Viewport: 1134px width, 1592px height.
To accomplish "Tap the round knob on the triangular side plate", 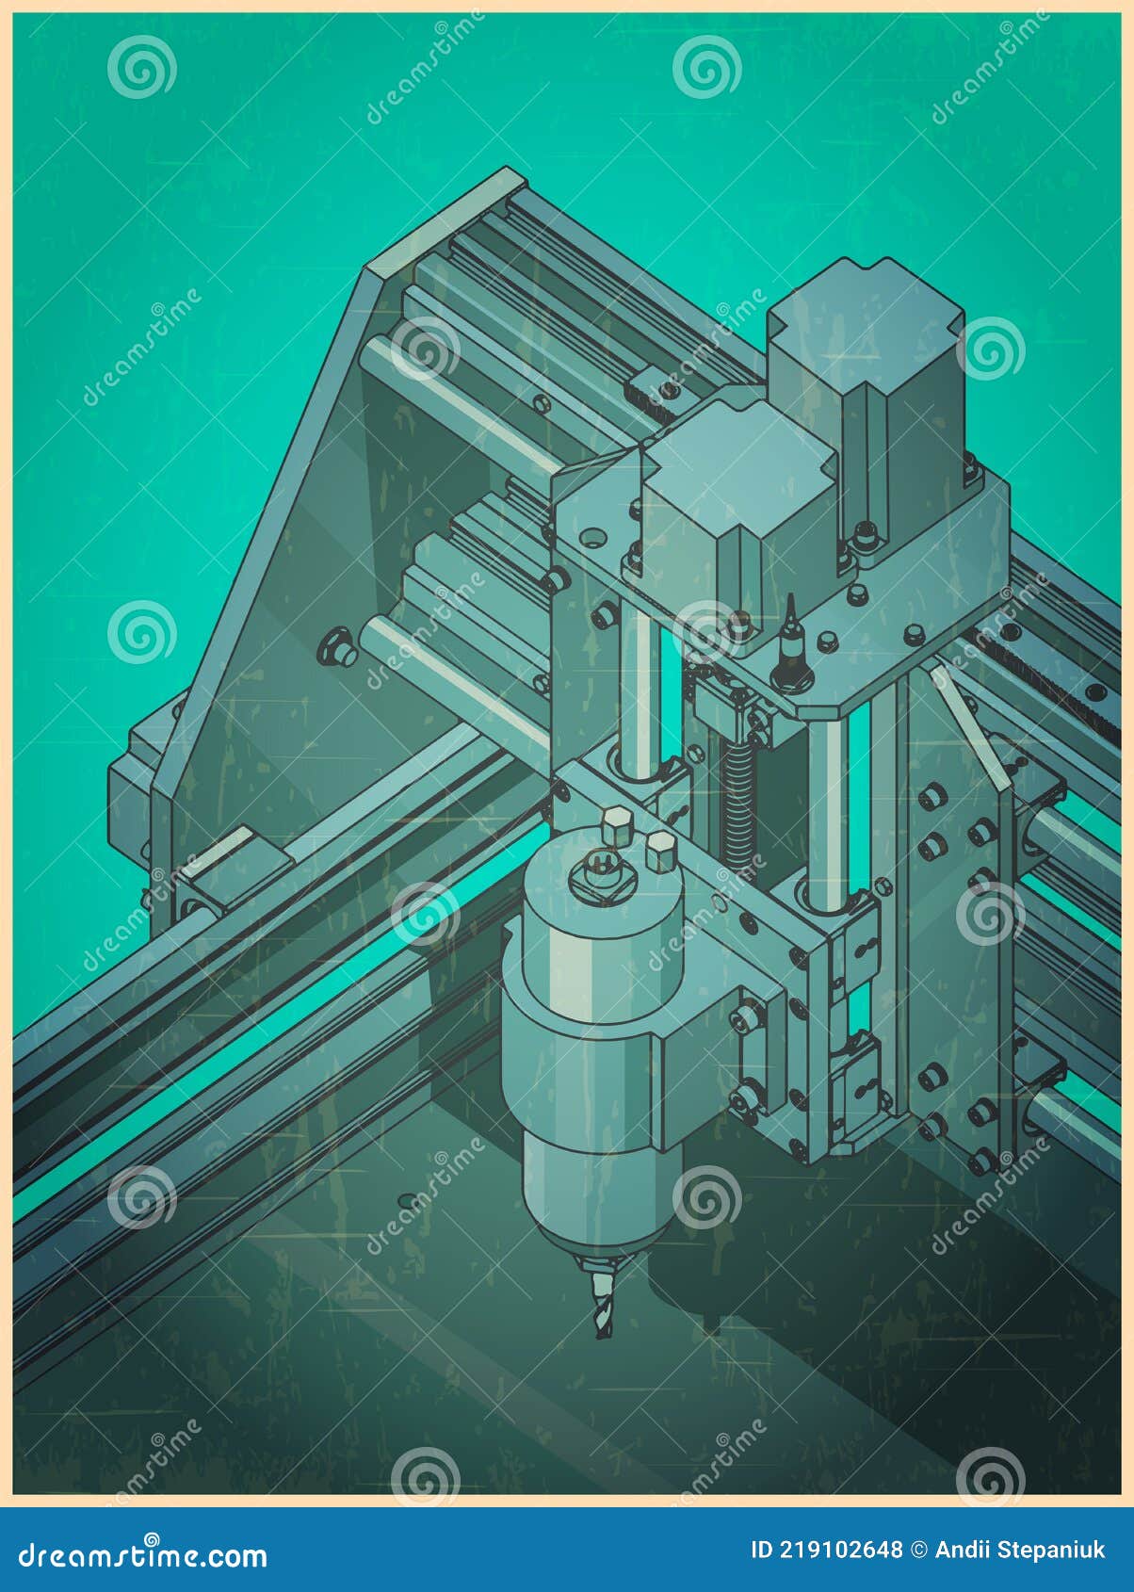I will click(335, 648).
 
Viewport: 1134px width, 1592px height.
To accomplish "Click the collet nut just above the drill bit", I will click(599, 1258).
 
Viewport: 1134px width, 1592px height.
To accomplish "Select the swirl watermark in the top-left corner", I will click(141, 67).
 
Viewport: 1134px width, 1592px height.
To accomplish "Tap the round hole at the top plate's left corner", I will click(592, 538).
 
